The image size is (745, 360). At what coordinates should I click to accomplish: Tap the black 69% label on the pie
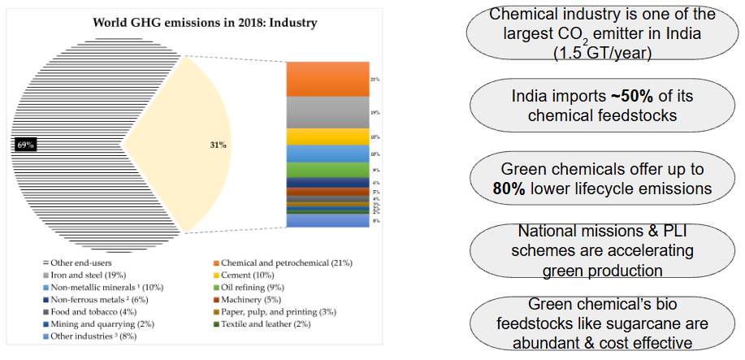tap(25, 145)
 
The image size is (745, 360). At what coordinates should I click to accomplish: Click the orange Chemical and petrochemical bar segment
tap(328, 79)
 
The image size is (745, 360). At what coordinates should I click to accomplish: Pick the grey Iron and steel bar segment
tap(328, 112)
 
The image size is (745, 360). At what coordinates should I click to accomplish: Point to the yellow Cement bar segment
tap(328, 137)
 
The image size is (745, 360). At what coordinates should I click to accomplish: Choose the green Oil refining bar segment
tap(328, 170)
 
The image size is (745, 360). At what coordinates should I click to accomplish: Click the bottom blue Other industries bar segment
tap(328, 220)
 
